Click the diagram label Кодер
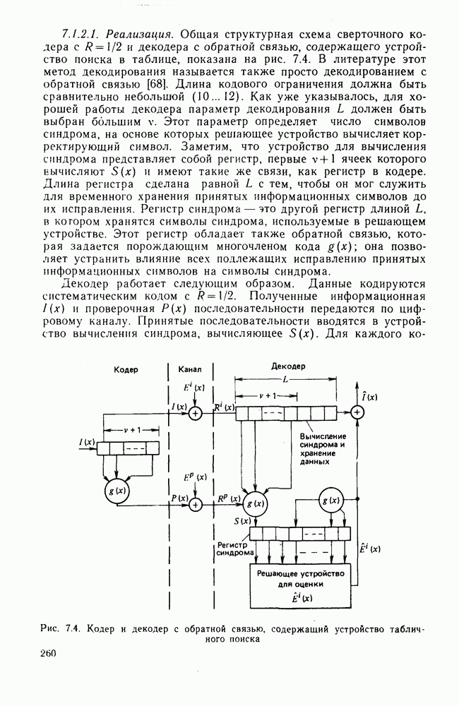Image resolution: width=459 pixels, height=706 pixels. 125,369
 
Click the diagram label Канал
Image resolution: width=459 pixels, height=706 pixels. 189,369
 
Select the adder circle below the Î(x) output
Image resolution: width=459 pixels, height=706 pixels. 358,414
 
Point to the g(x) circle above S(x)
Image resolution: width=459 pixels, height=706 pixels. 255,504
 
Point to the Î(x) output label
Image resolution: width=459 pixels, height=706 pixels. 367,397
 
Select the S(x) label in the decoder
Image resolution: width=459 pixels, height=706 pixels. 242,521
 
